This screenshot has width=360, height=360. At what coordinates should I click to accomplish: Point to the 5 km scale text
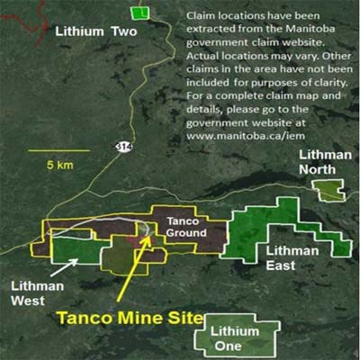point(63,166)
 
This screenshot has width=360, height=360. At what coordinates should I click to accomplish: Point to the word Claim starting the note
point(199,16)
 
